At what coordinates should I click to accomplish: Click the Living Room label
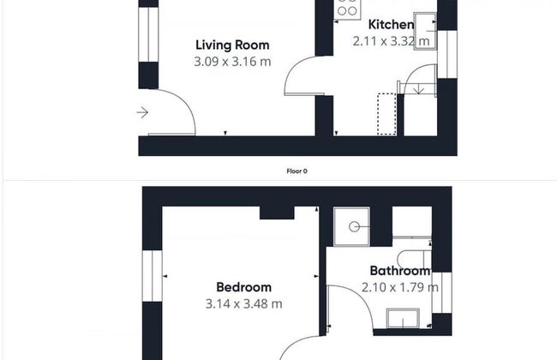click(x=232, y=45)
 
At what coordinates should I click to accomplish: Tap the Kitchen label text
click(x=391, y=25)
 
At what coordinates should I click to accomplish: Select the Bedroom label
click(x=243, y=287)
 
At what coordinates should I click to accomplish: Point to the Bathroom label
click(x=400, y=271)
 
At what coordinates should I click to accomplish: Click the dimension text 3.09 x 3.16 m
click(x=232, y=62)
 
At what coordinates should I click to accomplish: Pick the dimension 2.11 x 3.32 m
click(x=391, y=41)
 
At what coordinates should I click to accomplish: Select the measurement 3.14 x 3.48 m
click(x=243, y=303)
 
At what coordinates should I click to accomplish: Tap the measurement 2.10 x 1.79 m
click(x=400, y=287)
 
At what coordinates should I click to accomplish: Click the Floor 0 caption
click(x=297, y=171)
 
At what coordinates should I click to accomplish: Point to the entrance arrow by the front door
click(x=142, y=112)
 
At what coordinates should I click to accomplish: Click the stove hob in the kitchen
click(x=347, y=9)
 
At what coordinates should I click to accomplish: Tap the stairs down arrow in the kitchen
click(x=419, y=89)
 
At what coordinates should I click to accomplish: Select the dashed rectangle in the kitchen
click(x=386, y=114)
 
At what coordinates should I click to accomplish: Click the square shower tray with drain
click(x=351, y=227)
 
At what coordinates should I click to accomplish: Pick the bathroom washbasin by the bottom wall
click(x=403, y=318)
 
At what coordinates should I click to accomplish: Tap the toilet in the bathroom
click(x=414, y=259)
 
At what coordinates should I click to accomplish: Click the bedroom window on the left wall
click(x=152, y=276)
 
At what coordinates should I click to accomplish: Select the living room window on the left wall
click(x=148, y=34)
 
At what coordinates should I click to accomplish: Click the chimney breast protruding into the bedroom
click(x=277, y=213)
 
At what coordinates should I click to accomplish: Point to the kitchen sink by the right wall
click(x=425, y=31)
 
